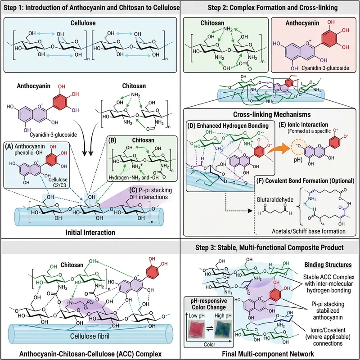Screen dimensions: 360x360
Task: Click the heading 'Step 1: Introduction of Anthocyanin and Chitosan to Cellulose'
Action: [90, 8]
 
